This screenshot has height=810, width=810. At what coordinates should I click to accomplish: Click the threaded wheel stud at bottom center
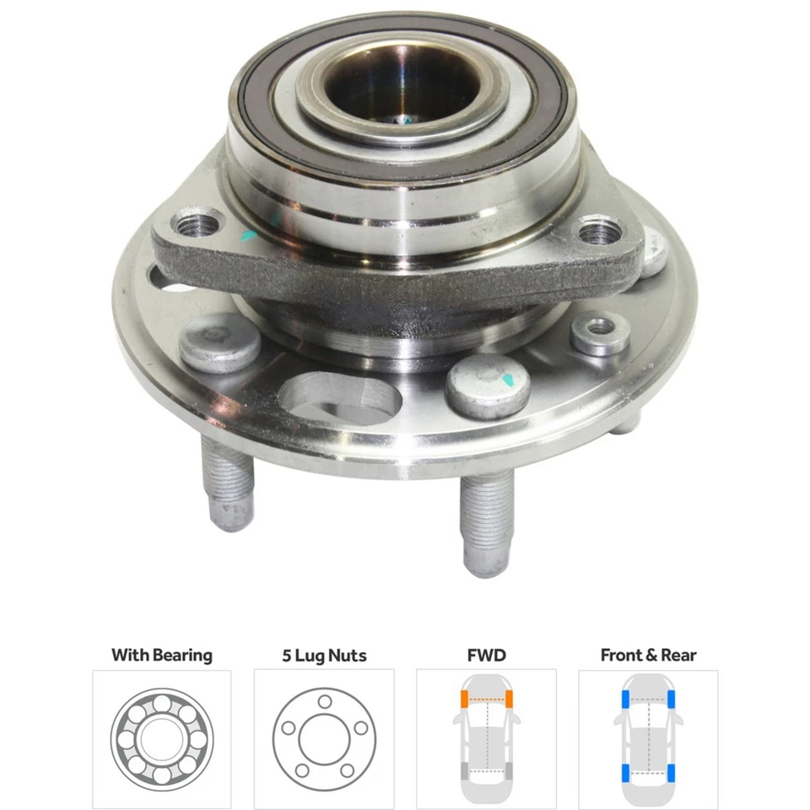487,520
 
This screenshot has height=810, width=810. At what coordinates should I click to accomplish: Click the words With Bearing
162,655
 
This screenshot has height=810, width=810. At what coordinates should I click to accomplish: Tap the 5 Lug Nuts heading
324,655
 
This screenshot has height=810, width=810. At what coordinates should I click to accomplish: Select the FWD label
486,655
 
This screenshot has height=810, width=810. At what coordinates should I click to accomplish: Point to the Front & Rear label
648,655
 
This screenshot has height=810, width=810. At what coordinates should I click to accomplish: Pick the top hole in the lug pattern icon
324,702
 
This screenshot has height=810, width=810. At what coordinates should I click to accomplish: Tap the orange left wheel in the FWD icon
464,699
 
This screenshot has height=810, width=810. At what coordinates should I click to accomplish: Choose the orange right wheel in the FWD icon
510,699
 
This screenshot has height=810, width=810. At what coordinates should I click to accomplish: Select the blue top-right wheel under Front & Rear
672,699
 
